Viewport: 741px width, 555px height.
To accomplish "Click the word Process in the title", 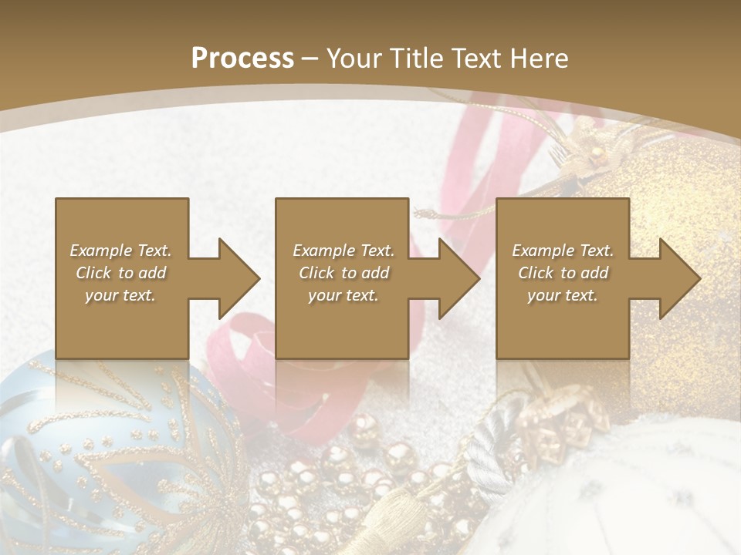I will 242,59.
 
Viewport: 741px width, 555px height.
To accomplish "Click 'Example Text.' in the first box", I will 120,251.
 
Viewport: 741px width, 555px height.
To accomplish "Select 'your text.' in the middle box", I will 343,295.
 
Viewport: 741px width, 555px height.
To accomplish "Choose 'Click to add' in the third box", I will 563,273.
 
